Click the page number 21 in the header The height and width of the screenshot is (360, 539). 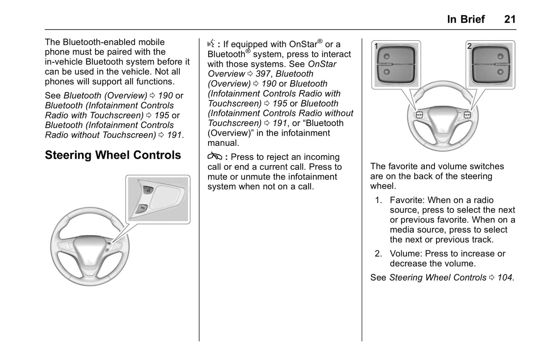tap(510, 19)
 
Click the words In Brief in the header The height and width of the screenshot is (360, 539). tap(466, 19)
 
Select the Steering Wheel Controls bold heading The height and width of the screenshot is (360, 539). tap(113, 155)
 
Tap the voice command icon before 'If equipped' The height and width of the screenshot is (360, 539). tap(211, 44)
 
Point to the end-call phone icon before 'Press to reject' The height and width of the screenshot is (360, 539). tap(214, 157)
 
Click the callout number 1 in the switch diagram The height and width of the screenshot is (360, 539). tap(376, 46)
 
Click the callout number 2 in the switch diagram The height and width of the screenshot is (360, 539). tap(469, 46)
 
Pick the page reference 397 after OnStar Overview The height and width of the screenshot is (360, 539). tap(263, 74)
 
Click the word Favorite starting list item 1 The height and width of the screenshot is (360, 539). tap(407, 200)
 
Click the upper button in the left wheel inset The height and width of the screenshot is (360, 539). tap(147, 191)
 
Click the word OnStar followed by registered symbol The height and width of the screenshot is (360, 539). tap(303, 44)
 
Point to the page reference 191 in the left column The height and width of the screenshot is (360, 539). tap(174, 135)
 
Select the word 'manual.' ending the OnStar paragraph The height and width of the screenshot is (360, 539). tap(223, 143)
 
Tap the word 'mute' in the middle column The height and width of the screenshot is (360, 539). tap(217, 177)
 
